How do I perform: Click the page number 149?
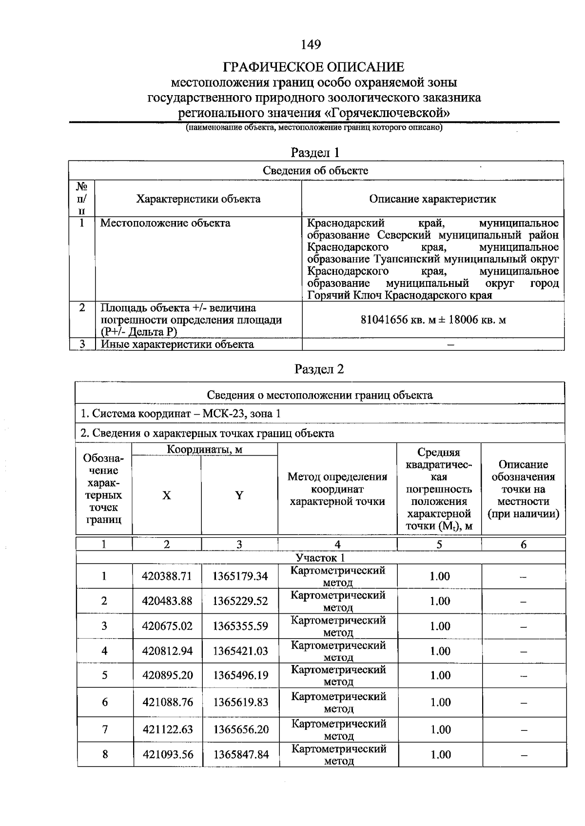pyautogui.click(x=311, y=45)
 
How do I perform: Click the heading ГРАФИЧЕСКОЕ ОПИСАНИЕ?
pyautogui.click(x=313, y=67)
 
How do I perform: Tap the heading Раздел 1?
pyautogui.click(x=315, y=153)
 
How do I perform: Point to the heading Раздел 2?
pyautogui.click(x=319, y=369)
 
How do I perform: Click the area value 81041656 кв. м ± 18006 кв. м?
pyautogui.click(x=433, y=320)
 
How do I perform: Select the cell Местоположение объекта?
pyautogui.click(x=165, y=223)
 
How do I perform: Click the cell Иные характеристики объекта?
pyautogui.click(x=177, y=344)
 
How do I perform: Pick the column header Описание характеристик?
pyautogui.click(x=432, y=199)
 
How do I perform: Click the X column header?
pyautogui.click(x=167, y=496)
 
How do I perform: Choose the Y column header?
pyautogui.click(x=239, y=496)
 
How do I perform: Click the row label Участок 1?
pyautogui.click(x=320, y=558)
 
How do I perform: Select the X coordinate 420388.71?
pyautogui.click(x=167, y=576)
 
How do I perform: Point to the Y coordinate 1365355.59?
pyautogui.click(x=240, y=626)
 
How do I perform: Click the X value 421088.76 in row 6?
pyautogui.click(x=168, y=703)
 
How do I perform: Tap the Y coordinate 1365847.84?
pyautogui.click(x=241, y=755)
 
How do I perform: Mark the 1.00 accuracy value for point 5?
pyautogui.click(x=440, y=676)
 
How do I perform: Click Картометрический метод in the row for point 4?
pyautogui.click(x=338, y=651)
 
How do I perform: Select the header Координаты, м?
pyautogui.click(x=205, y=449)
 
